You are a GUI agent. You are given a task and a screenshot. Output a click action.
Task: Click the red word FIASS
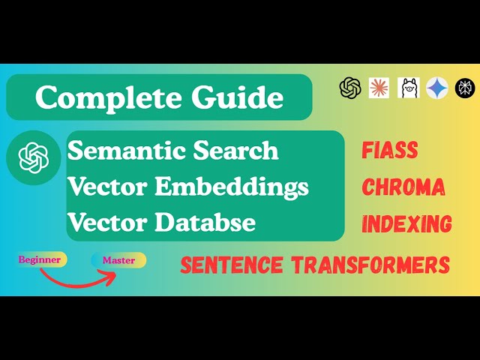tap(389, 150)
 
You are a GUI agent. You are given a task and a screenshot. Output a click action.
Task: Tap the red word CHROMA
tap(403, 187)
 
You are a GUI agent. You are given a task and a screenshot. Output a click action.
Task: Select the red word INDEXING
tap(406, 223)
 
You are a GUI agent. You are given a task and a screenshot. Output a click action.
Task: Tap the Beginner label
tap(41, 259)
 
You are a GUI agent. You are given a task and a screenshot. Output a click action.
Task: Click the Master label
tap(118, 260)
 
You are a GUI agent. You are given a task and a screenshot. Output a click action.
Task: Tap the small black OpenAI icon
tap(350, 88)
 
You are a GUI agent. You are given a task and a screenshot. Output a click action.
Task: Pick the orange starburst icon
tap(379, 88)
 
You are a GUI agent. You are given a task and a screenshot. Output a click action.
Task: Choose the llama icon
tap(409, 88)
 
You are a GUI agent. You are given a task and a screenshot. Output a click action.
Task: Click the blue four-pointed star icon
tap(437, 88)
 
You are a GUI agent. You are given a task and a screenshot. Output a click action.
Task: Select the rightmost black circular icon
tap(465, 88)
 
